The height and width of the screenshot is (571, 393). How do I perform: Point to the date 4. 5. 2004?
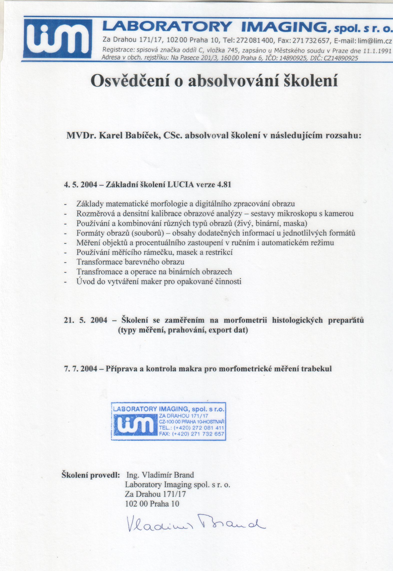click(81, 185)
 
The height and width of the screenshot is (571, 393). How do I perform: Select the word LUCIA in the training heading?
click(180, 185)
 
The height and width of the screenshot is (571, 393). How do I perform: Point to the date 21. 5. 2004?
click(85, 320)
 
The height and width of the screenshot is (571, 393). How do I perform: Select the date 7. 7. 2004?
click(81, 369)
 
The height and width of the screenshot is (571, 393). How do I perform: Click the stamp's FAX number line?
click(191, 434)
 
